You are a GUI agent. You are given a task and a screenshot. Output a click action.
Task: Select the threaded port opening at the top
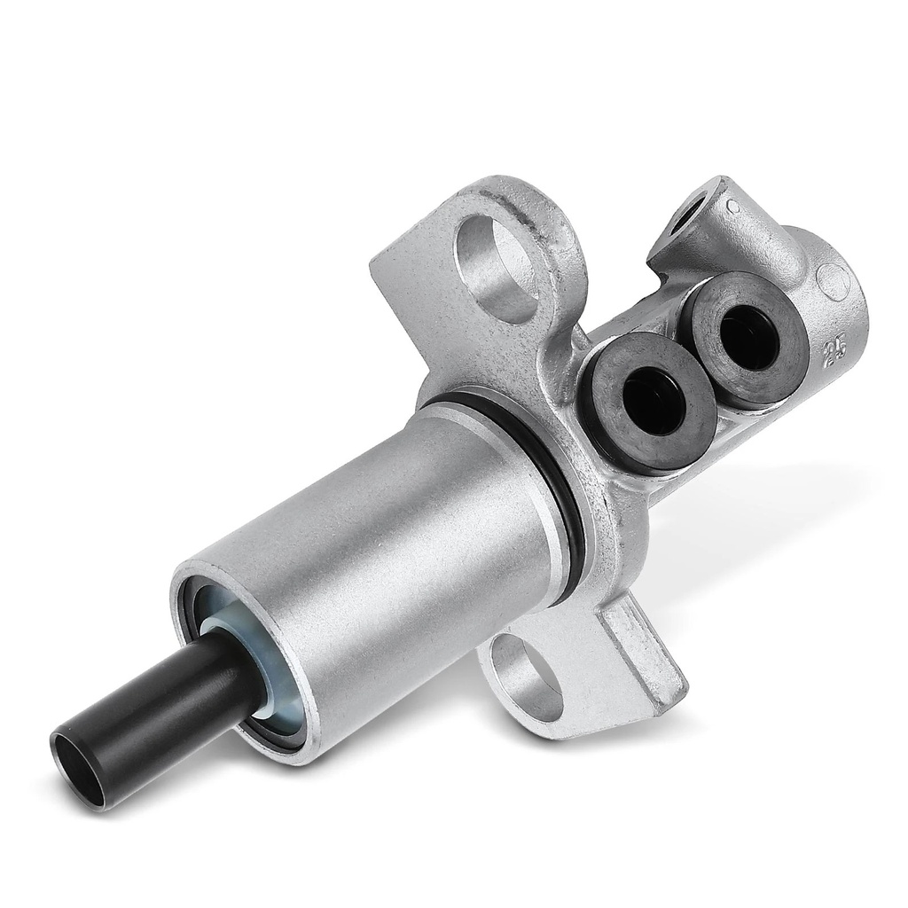(x=692, y=218)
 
